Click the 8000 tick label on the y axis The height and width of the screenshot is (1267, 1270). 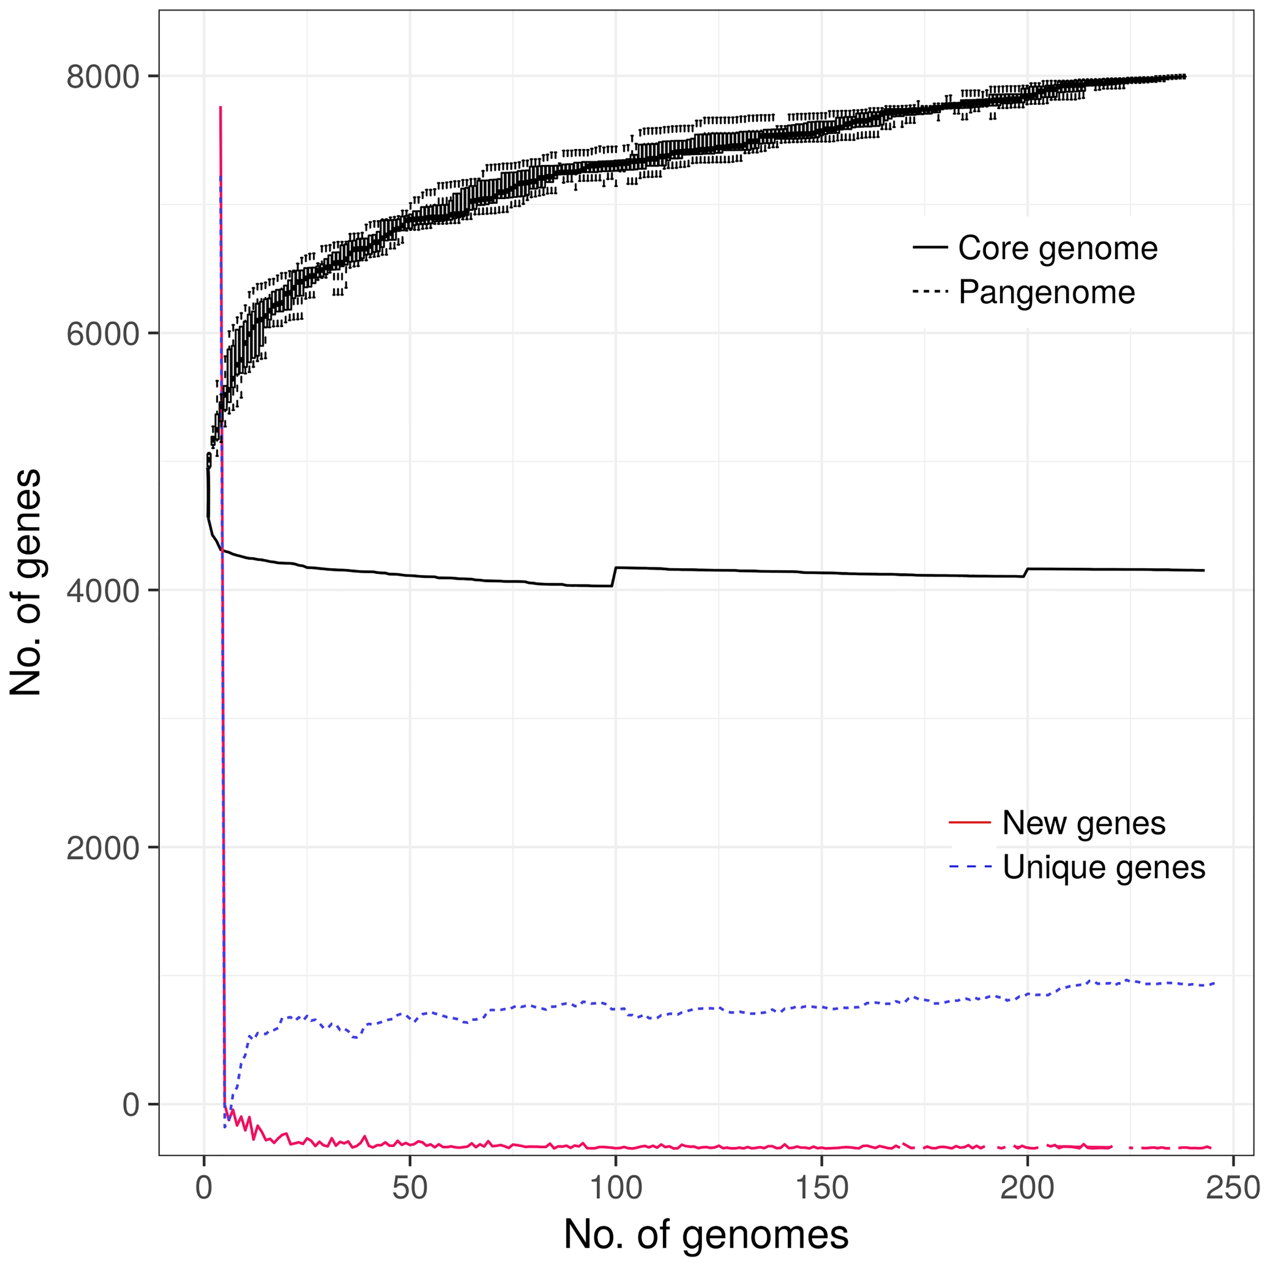tap(103, 78)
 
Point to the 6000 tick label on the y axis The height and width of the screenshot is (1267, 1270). tap(103, 335)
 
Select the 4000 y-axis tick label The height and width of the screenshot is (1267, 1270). tap(103, 592)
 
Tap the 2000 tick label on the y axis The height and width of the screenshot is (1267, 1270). tap(103, 848)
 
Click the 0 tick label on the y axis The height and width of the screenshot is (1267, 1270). tap(131, 1105)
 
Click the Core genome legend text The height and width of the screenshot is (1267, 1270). tap(1057, 249)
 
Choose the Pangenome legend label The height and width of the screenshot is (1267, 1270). tap(1046, 293)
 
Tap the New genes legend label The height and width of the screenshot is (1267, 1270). tap(1084, 823)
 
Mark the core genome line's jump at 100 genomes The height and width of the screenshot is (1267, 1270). tap(614, 577)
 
